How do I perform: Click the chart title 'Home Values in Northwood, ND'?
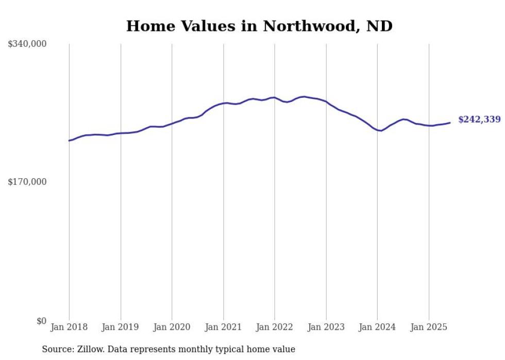click(259, 26)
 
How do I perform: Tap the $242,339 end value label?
click(479, 119)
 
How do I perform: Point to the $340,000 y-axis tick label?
click(27, 44)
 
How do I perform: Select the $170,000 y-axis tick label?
click(27, 182)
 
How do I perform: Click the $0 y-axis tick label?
click(41, 321)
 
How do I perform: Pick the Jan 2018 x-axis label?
click(69, 327)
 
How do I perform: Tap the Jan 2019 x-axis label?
click(121, 327)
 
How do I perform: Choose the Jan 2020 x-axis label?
click(172, 327)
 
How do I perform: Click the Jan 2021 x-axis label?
click(223, 327)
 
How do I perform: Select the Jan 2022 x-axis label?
click(275, 327)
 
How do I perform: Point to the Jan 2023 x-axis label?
click(326, 327)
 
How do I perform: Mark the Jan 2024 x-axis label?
click(377, 327)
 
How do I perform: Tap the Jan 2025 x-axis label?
click(429, 327)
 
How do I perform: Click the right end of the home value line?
click(450, 123)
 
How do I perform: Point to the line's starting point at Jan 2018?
click(69, 140)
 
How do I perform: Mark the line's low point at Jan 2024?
click(380, 131)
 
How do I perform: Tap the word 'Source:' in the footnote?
click(57, 349)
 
